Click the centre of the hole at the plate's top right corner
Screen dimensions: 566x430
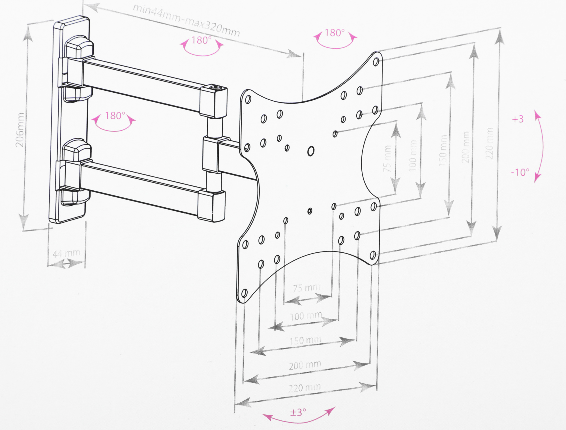pos(376,62)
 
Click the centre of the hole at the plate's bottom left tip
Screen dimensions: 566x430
pos(245,293)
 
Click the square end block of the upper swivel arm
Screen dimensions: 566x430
pos(214,102)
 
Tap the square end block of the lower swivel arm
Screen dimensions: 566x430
pos(211,205)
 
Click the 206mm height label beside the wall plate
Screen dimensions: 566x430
pos(20,130)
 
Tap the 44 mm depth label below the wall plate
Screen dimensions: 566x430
pos(67,253)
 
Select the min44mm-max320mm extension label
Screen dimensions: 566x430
pos(186,21)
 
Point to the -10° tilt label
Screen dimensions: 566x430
pos(520,172)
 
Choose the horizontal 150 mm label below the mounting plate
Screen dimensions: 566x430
pos(306,340)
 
